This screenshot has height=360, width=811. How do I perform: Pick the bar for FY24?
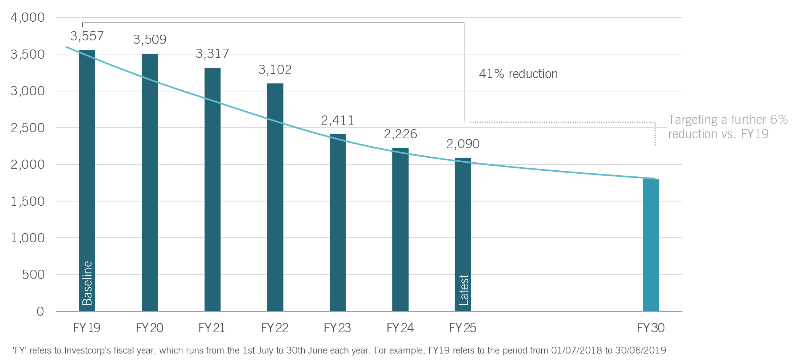[400, 229]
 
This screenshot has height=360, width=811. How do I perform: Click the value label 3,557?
[87, 36]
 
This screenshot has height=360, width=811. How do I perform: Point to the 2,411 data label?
[338, 120]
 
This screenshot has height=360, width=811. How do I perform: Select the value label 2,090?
[463, 144]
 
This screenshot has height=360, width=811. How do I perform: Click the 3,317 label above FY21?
[212, 54]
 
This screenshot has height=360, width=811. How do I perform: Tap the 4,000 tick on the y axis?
[27, 18]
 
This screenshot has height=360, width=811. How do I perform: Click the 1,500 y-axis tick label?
[27, 201]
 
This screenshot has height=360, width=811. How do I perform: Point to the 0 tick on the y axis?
[40, 312]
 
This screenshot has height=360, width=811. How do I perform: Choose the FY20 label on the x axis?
[149, 328]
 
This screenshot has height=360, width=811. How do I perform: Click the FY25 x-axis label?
[462, 328]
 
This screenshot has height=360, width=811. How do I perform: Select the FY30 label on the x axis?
[651, 328]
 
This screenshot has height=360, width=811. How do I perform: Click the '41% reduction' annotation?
[518, 74]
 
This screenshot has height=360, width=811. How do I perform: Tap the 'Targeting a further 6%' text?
[728, 120]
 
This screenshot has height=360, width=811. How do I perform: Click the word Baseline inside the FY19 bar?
[87, 283]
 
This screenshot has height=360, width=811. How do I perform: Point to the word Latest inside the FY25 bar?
[464, 290]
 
